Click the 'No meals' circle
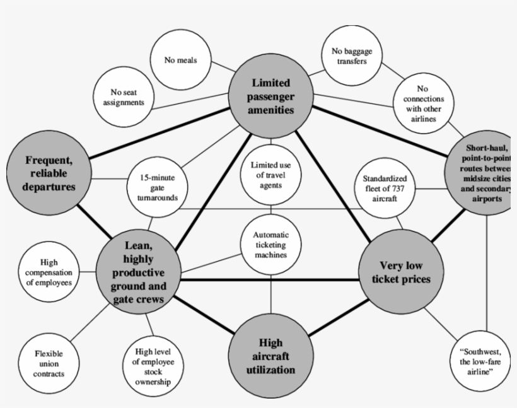point(181,61)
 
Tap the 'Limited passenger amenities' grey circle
point(272,96)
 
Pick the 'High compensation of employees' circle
point(49,272)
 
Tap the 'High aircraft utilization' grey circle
point(270,356)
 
